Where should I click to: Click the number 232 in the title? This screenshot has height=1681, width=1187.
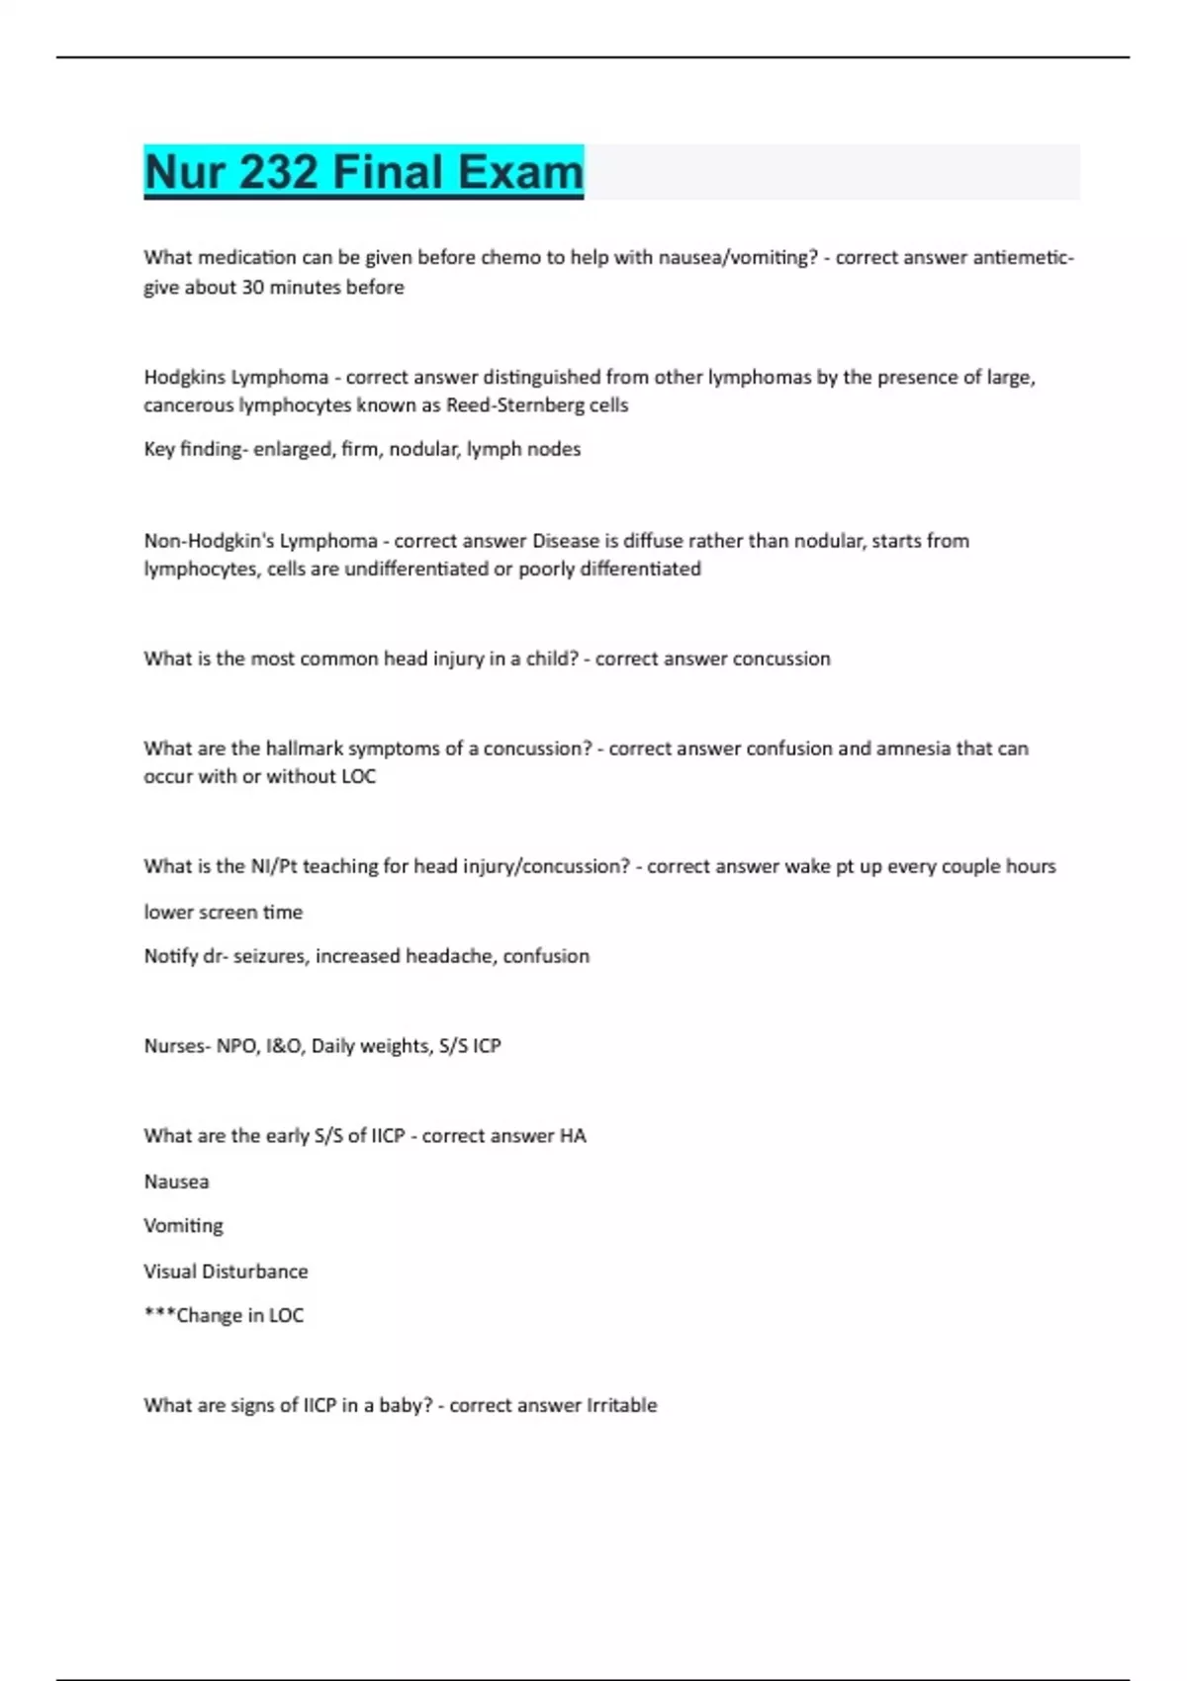pyautogui.click(x=278, y=172)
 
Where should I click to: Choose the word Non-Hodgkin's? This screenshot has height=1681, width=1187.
pyautogui.click(x=209, y=541)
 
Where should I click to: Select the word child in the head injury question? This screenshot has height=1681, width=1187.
pyautogui.click(x=551, y=659)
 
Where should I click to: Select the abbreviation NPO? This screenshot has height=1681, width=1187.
pyautogui.click(x=237, y=1046)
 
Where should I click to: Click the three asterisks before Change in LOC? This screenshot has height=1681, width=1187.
pyautogui.click(x=159, y=1315)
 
